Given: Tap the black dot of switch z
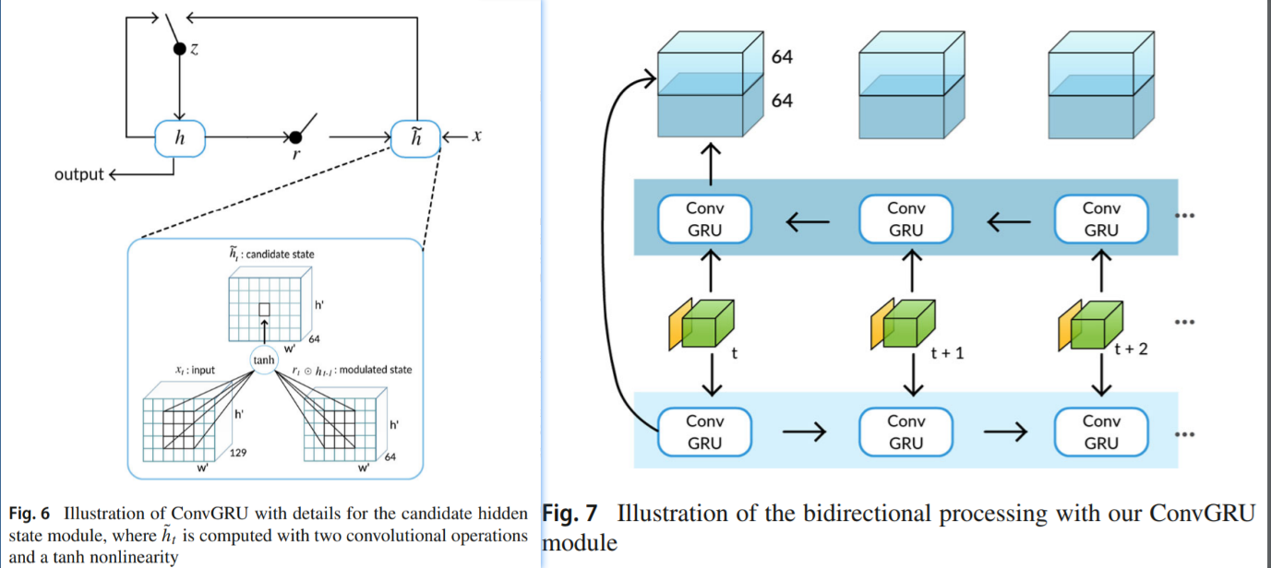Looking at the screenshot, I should [x=179, y=49].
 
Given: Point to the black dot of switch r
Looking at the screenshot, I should [x=294, y=137].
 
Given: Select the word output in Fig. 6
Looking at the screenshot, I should [x=79, y=174].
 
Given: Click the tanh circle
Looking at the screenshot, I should [x=264, y=360].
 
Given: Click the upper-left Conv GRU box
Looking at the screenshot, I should [x=704, y=219].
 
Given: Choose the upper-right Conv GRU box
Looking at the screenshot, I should [x=1101, y=219].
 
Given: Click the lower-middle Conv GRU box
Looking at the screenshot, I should [x=905, y=432].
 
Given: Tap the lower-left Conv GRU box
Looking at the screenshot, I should [x=704, y=432].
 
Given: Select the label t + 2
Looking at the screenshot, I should [x=1131, y=349].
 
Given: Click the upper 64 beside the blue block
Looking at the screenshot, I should [x=782, y=58].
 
